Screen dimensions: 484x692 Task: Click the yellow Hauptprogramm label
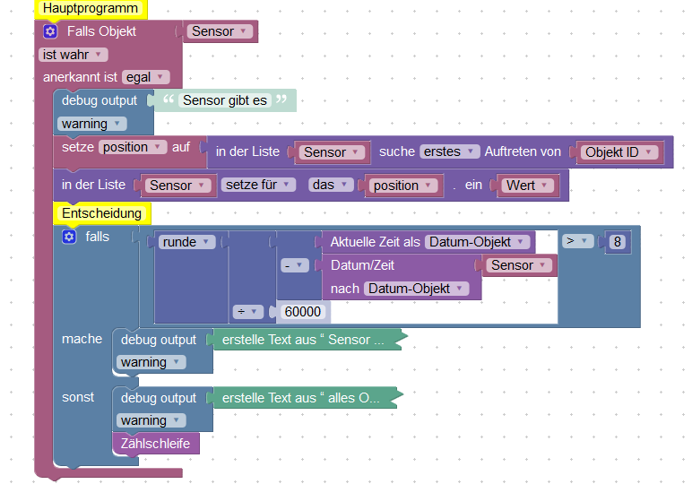[91, 9]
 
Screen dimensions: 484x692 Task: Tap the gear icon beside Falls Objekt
[50, 31]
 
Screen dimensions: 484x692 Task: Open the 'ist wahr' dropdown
[74, 55]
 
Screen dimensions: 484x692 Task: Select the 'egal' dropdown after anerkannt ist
[145, 77]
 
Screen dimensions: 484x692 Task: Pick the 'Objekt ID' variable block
[618, 152]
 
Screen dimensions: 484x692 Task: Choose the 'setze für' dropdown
[258, 186]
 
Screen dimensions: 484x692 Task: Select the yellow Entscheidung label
[102, 213]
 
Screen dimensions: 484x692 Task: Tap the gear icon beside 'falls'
[69, 237]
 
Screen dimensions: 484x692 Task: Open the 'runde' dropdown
[187, 242]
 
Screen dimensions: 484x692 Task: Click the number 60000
[303, 312]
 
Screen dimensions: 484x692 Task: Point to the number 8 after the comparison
[616, 242]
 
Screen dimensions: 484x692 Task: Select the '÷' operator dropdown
[247, 312]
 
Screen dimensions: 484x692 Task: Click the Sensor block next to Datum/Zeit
[518, 265]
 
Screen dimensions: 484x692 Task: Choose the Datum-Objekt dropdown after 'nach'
[417, 289]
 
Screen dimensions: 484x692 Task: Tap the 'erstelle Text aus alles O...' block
[301, 398]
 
